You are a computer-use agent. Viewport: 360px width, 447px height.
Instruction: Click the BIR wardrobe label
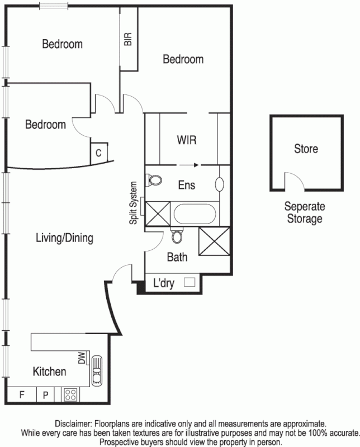point(128,39)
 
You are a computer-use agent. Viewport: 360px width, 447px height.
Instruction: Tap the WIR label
point(186,140)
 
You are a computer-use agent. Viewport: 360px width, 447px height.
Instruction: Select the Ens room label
point(186,185)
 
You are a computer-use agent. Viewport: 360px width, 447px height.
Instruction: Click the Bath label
point(178,258)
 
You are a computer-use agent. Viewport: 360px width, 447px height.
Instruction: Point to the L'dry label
point(164,284)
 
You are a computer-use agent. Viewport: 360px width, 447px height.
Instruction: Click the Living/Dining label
point(64,238)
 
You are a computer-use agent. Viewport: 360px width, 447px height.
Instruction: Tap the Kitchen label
point(49,372)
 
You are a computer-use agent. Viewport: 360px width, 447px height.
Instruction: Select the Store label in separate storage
point(306,149)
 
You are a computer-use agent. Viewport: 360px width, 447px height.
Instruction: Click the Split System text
point(134,203)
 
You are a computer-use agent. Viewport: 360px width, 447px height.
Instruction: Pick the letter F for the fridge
point(22,395)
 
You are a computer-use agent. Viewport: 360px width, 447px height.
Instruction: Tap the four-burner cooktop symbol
point(71,394)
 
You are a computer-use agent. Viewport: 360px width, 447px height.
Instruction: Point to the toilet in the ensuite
point(154,180)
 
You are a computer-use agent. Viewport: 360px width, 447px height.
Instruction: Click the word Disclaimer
point(73,424)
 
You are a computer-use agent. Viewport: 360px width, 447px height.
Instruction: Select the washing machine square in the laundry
point(190,283)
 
